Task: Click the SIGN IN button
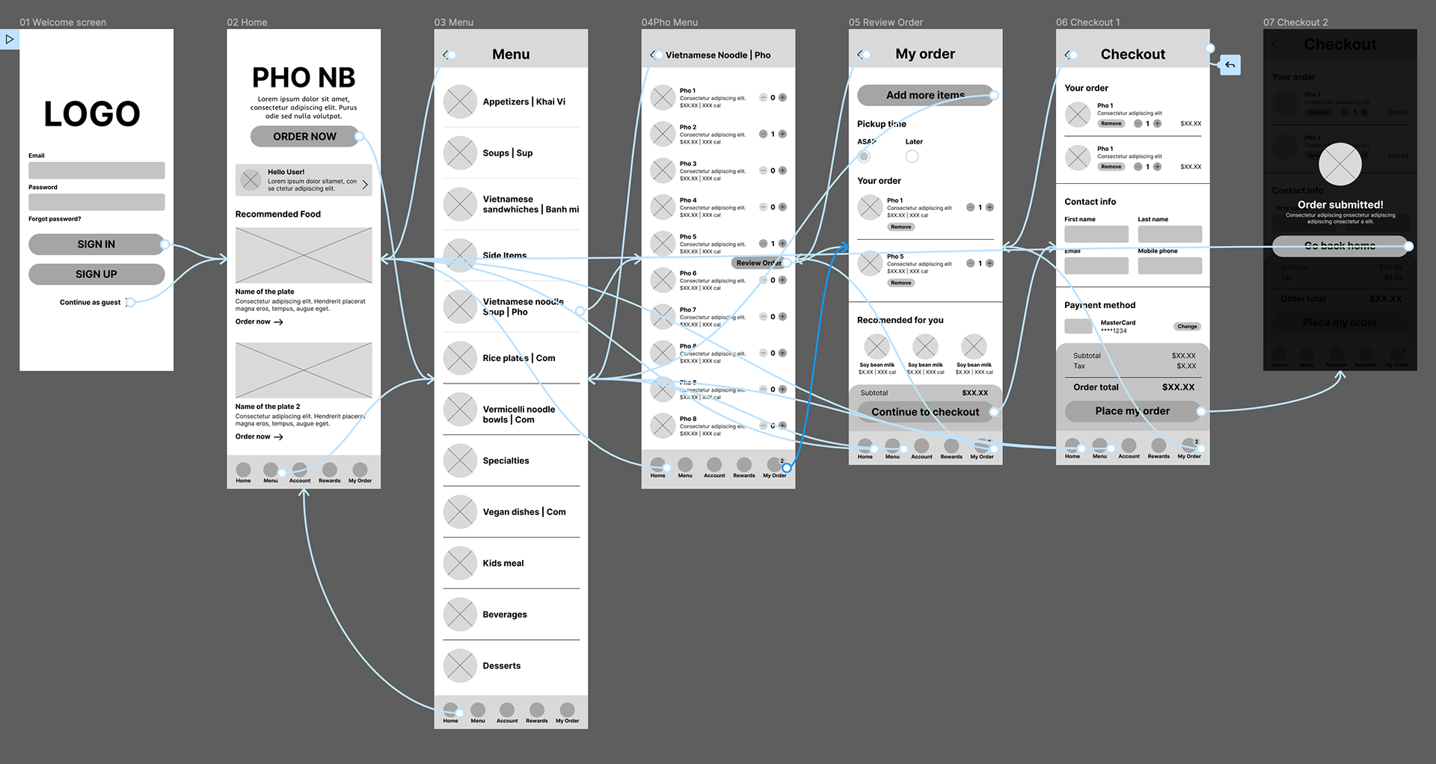(96, 244)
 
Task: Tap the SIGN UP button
(96, 274)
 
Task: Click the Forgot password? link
(55, 219)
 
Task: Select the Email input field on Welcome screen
(96, 170)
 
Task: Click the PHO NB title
(304, 78)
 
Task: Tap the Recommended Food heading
(278, 214)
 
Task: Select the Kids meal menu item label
(503, 564)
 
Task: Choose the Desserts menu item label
(502, 666)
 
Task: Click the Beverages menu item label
(505, 614)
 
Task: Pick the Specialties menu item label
(506, 460)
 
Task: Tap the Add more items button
(925, 95)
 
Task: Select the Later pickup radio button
(912, 156)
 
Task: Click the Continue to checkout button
(925, 412)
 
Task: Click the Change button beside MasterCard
(1187, 327)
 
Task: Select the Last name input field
(1170, 234)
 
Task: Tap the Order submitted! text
(1340, 205)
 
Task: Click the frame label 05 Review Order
(886, 22)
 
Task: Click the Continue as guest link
(90, 303)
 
